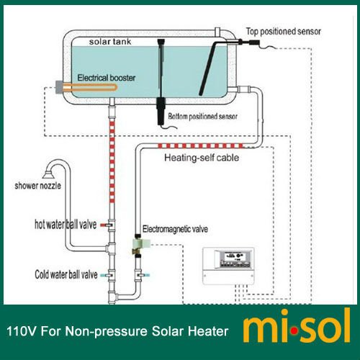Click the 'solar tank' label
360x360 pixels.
click(x=110, y=42)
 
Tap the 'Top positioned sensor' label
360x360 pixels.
click(x=283, y=32)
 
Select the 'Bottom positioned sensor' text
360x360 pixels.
click(x=202, y=117)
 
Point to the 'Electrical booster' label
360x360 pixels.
click(x=107, y=78)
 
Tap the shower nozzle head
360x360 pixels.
click(x=50, y=174)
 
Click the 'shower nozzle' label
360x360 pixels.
click(x=37, y=186)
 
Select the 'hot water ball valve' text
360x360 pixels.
click(x=66, y=225)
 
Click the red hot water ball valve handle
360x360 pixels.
click(x=104, y=225)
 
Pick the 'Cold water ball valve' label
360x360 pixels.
click(x=66, y=274)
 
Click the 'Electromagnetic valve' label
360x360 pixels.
click(x=175, y=229)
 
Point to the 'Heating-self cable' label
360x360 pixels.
click(x=202, y=158)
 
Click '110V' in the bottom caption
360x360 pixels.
click(x=22, y=331)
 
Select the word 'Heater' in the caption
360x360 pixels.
click(x=208, y=331)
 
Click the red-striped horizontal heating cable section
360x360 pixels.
click(x=200, y=145)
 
